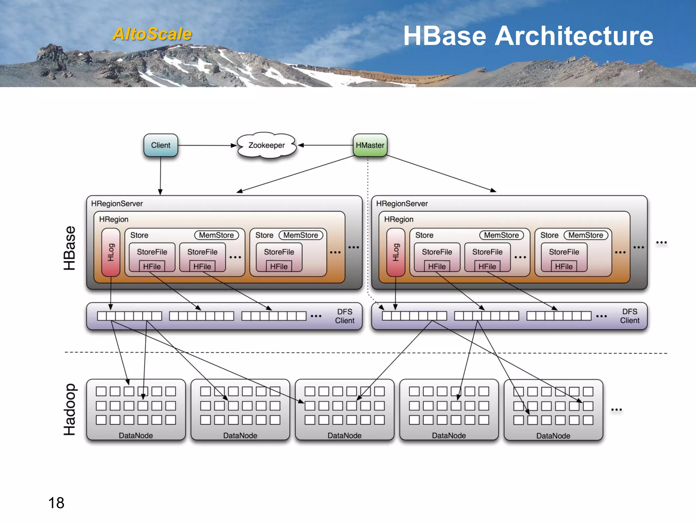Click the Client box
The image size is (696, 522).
pos(160,145)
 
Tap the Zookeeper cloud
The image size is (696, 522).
pos(266,145)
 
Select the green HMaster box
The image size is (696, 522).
pos(370,145)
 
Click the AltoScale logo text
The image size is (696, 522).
pos(152,34)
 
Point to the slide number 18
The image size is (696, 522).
pos(56,503)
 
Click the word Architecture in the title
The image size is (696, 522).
pos(574,36)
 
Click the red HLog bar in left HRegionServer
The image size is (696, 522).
pos(111,252)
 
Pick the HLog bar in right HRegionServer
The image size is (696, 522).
pos(396,252)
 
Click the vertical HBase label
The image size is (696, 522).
pos(69,248)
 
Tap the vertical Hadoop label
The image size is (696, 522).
pos(69,410)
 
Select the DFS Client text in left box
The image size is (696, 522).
pos(345,316)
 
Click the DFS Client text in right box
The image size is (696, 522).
pos(629,316)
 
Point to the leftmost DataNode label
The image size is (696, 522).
pos(136,436)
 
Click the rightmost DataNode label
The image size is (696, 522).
pos(553,436)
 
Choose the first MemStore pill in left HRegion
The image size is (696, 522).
pos(216,235)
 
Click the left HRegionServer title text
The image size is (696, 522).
pos(117,204)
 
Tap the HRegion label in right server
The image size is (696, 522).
pos(399,219)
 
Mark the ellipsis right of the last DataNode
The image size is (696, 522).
pos(616,410)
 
